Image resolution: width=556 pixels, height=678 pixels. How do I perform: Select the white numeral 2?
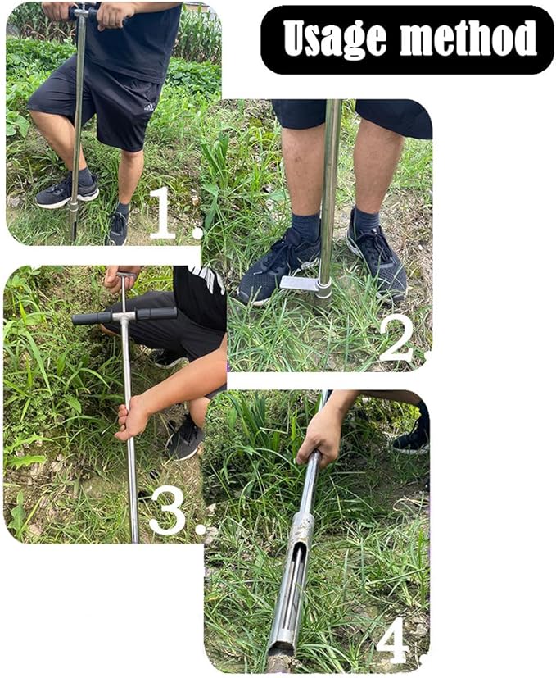[x=396, y=338]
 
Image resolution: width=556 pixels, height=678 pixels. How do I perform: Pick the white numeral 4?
[x=392, y=641]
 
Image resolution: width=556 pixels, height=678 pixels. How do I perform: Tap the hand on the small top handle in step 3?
[x=115, y=280]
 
